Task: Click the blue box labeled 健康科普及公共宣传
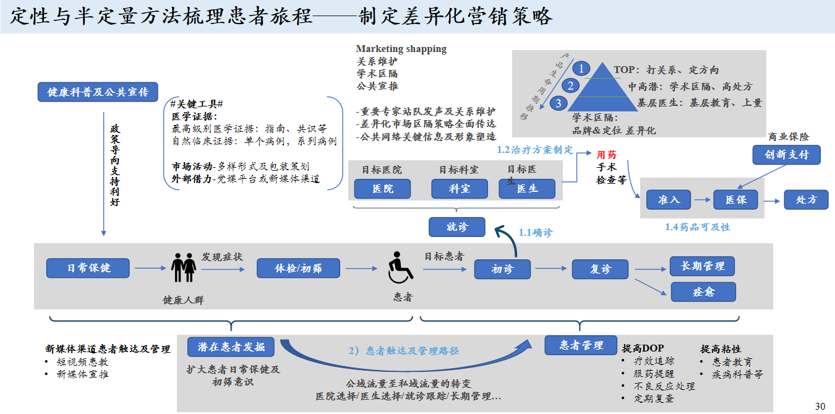(x=98, y=92)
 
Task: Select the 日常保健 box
(x=88, y=268)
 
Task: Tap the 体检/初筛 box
(x=298, y=268)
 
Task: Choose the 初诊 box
(x=502, y=269)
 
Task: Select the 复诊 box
(x=600, y=269)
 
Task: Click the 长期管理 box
(x=703, y=266)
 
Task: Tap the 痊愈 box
(x=703, y=291)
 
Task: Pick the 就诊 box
(x=457, y=227)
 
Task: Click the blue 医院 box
(x=382, y=189)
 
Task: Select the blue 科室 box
(x=459, y=189)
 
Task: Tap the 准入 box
(x=669, y=199)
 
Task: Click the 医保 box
(x=735, y=199)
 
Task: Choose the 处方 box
(x=806, y=199)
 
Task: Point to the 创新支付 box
(x=786, y=154)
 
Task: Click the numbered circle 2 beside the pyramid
(x=571, y=86)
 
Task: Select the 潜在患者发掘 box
(x=231, y=347)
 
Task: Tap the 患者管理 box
(x=581, y=345)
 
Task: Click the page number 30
(x=820, y=406)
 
